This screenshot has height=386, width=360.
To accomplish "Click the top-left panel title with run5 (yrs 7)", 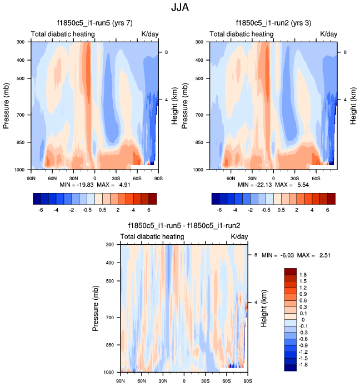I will coord(94,24).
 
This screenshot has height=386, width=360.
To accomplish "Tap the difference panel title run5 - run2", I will coord(184,226).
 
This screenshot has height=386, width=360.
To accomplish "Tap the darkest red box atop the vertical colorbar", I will coord(291,271).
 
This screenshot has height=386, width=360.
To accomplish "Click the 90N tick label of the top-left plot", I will coord(31,179).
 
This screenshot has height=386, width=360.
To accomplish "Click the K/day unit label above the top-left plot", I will coord(150,34).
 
